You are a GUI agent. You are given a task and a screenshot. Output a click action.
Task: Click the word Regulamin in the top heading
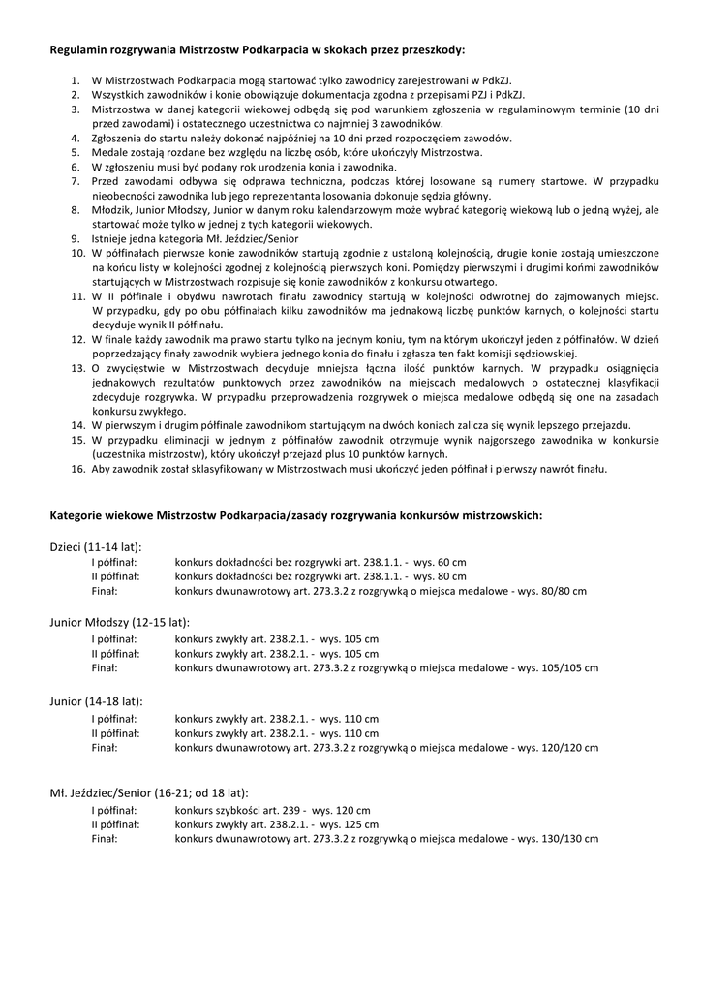pyautogui.click(x=79, y=48)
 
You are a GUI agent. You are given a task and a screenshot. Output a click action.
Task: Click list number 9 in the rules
pyautogui.click(x=75, y=237)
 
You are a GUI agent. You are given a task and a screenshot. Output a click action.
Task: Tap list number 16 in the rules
pyautogui.click(x=77, y=469)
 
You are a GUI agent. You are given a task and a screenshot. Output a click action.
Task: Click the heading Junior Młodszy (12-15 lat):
pyautogui.click(x=119, y=622)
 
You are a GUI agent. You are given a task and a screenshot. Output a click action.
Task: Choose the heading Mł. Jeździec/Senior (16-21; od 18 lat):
pyautogui.click(x=149, y=793)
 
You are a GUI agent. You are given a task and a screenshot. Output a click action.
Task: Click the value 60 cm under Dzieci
pyautogui.click(x=452, y=562)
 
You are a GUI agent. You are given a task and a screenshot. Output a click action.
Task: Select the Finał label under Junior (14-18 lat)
pyautogui.click(x=105, y=747)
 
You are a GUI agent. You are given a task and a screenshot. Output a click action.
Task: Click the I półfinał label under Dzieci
pyautogui.click(x=114, y=562)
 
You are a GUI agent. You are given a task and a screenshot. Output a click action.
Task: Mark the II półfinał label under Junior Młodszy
pyautogui.click(x=115, y=654)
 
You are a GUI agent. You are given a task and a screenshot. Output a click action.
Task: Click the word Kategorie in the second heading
pyautogui.click(x=77, y=515)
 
